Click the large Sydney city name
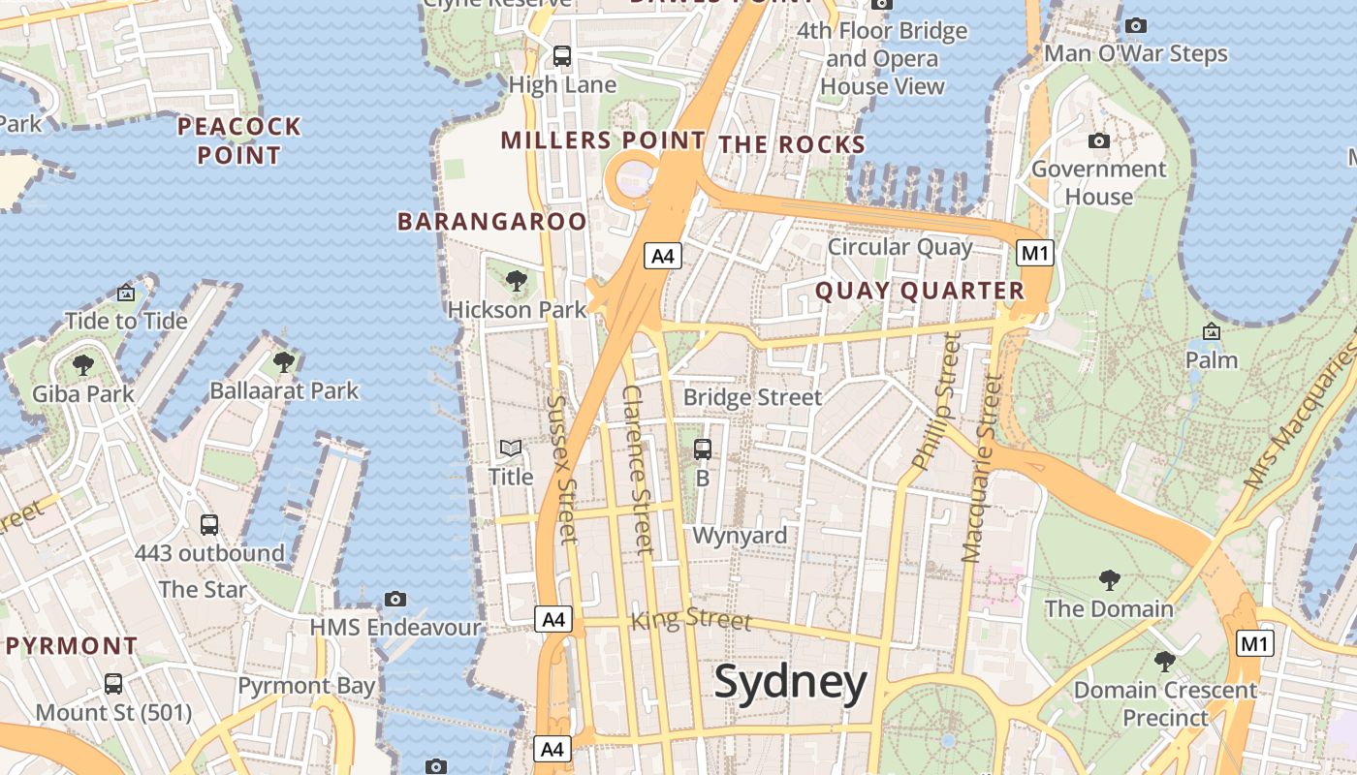pos(790,683)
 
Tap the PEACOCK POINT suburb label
pos(238,140)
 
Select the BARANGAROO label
pos(492,222)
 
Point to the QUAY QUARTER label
pos(919,291)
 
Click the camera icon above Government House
pos(1098,141)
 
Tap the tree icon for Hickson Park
pos(517,281)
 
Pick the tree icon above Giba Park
pos(83,365)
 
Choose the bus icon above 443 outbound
pos(208,525)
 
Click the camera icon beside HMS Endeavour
pos(394,599)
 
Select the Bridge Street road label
pos(752,397)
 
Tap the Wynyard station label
pos(740,536)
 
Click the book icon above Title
pos(511,448)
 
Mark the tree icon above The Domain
pos(1109,580)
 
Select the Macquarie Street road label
pos(980,470)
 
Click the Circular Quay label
pos(899,247)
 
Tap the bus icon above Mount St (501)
pos(113,683)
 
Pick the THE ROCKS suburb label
pos(791,145)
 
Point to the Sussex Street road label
pos(562,469)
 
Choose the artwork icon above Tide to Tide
pos(126,293)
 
